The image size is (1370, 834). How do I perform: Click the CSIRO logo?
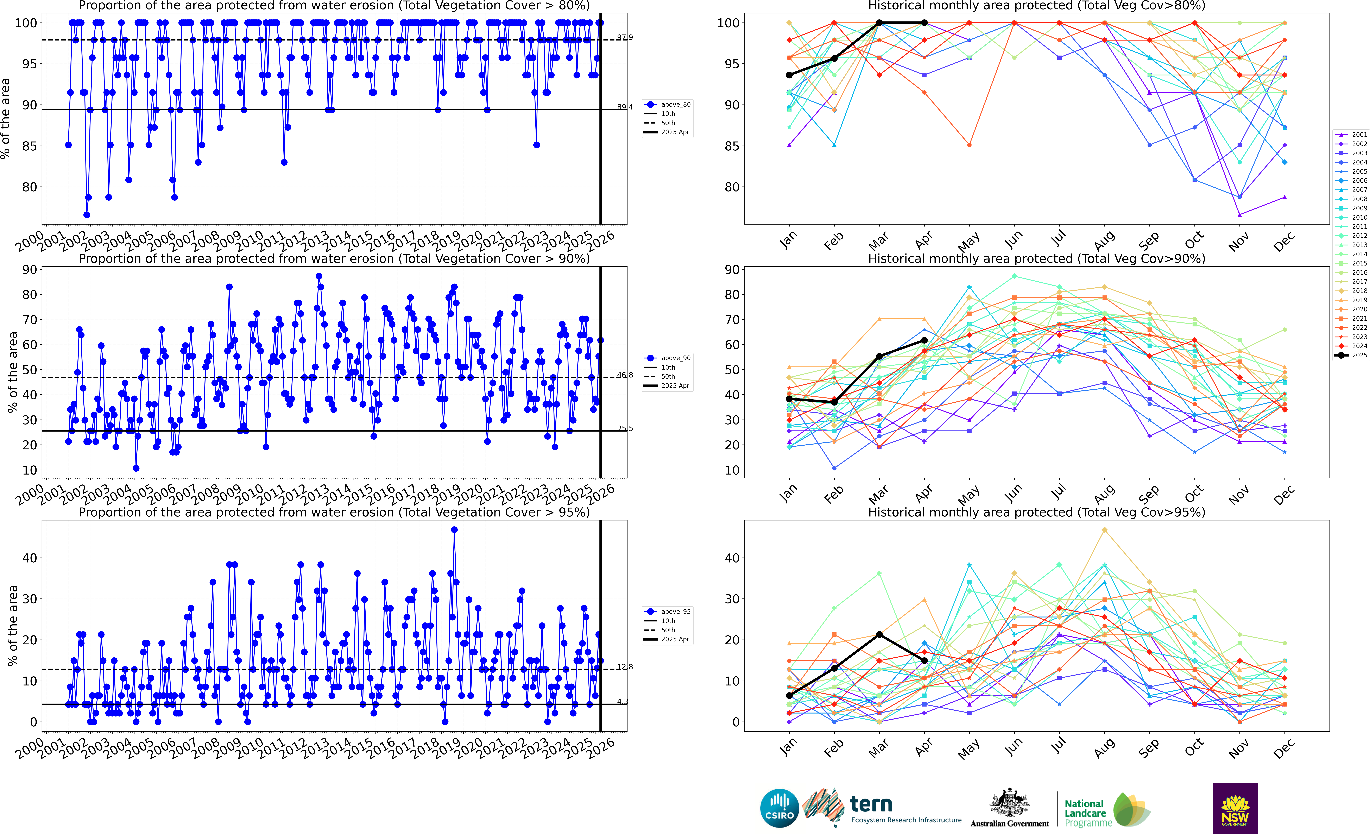779,808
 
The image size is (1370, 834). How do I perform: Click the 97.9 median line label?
624,37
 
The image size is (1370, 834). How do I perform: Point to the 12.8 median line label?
624,667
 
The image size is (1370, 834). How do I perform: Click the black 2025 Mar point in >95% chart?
879,634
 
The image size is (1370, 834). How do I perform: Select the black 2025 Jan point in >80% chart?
789,75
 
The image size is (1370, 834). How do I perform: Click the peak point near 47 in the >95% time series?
454,530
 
